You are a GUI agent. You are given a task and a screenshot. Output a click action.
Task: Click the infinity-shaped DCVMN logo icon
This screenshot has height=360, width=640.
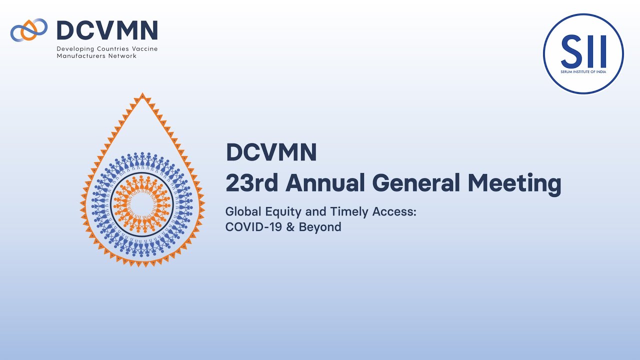29,29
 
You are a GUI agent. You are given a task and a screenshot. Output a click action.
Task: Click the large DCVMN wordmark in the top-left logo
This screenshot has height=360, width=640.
107,30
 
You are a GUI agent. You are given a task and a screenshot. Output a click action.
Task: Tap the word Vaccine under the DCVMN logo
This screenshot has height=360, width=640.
145,49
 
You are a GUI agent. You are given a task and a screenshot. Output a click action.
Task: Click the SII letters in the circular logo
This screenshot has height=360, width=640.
583,51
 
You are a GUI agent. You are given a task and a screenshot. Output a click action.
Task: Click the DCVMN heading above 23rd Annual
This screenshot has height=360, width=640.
271,152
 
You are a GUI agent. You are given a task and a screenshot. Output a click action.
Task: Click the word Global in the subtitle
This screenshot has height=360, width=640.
242,211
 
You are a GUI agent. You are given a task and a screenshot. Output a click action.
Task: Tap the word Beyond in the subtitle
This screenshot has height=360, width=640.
320,227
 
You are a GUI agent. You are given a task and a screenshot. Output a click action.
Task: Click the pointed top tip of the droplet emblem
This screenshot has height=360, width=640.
142,95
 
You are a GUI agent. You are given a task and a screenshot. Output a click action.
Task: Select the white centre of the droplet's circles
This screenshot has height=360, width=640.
142,204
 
